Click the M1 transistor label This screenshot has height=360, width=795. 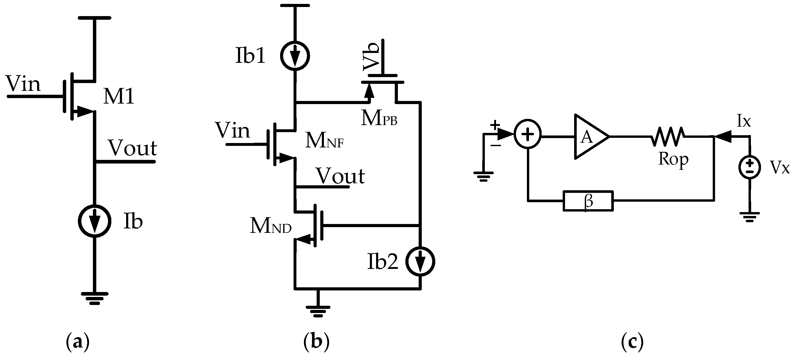point(119,96)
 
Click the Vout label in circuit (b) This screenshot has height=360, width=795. point(341,176)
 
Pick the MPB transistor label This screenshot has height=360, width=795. point(379,118)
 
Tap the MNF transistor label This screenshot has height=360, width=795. point(324,141)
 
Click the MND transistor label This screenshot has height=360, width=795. point(271,226)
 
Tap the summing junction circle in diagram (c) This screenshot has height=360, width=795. point(528,134)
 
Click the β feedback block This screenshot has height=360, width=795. point(588,201)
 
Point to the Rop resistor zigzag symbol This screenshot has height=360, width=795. point(668,137)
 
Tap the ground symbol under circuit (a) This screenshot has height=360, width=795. point(94,298)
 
